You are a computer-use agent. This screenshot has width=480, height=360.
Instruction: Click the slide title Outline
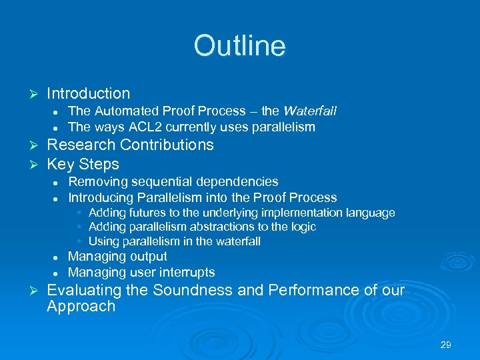click(239, 46)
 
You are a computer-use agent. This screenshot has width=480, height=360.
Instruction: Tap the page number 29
click(446, 345)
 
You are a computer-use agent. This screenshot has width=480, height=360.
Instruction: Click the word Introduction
click(89, 94)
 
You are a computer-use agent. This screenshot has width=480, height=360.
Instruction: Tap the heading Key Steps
click(83, 164)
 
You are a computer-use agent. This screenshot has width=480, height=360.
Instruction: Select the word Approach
click(81, 307)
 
